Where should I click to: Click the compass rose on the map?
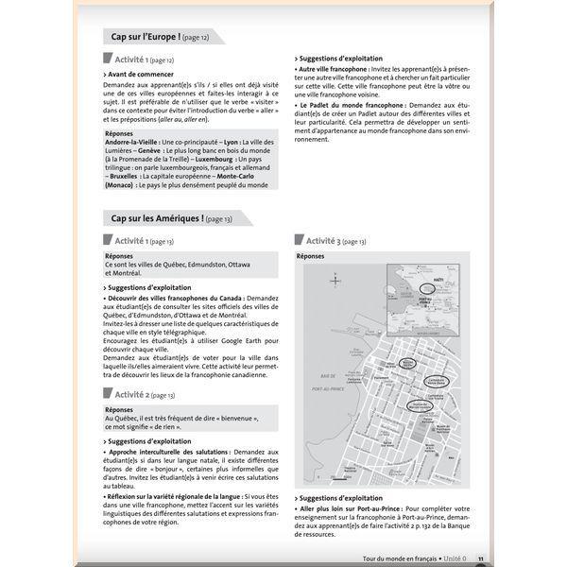(x=335, y=281)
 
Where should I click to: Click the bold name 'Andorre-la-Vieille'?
(x=135, y=141)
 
